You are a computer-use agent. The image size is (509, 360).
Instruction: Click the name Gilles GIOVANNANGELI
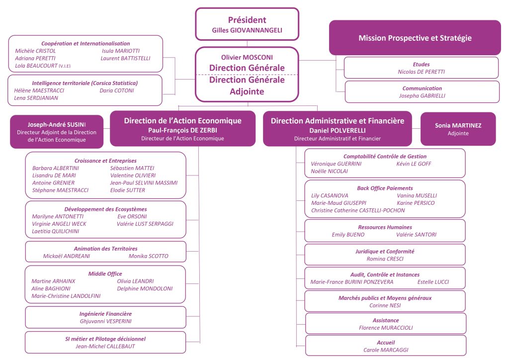[x=247, y=30]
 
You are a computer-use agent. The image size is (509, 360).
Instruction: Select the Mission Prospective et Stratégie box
[x=415, y=38]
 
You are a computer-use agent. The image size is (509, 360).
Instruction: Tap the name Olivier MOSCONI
[x=247, y=58]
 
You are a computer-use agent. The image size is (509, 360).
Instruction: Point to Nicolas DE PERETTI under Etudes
[x=422, y=72]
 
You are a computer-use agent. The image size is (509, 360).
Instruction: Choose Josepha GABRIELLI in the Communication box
[x=422, y=95]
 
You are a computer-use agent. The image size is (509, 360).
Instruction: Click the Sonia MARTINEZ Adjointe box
[x=458, y=129]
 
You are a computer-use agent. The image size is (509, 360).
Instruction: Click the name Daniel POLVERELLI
[x=338, y=130]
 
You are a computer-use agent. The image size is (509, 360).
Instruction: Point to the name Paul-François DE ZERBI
[x=182, y=130]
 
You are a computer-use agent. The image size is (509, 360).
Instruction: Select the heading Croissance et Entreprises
[x=105, y=161]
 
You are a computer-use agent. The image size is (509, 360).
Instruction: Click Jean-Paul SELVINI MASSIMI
[x=144, y=182]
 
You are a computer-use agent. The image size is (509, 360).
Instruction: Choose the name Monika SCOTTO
[x=149, y=256]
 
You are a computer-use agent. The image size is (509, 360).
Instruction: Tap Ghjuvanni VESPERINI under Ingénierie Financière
[x=105, y=321]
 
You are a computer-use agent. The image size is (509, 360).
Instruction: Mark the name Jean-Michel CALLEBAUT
[x=105, y=346]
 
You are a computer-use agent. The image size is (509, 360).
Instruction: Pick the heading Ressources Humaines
[x=385, y=227]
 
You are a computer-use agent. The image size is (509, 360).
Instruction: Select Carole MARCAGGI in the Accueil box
[x=385, y=350]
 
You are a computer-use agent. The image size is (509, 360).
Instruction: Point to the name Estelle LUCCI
[x=433, y=282]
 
